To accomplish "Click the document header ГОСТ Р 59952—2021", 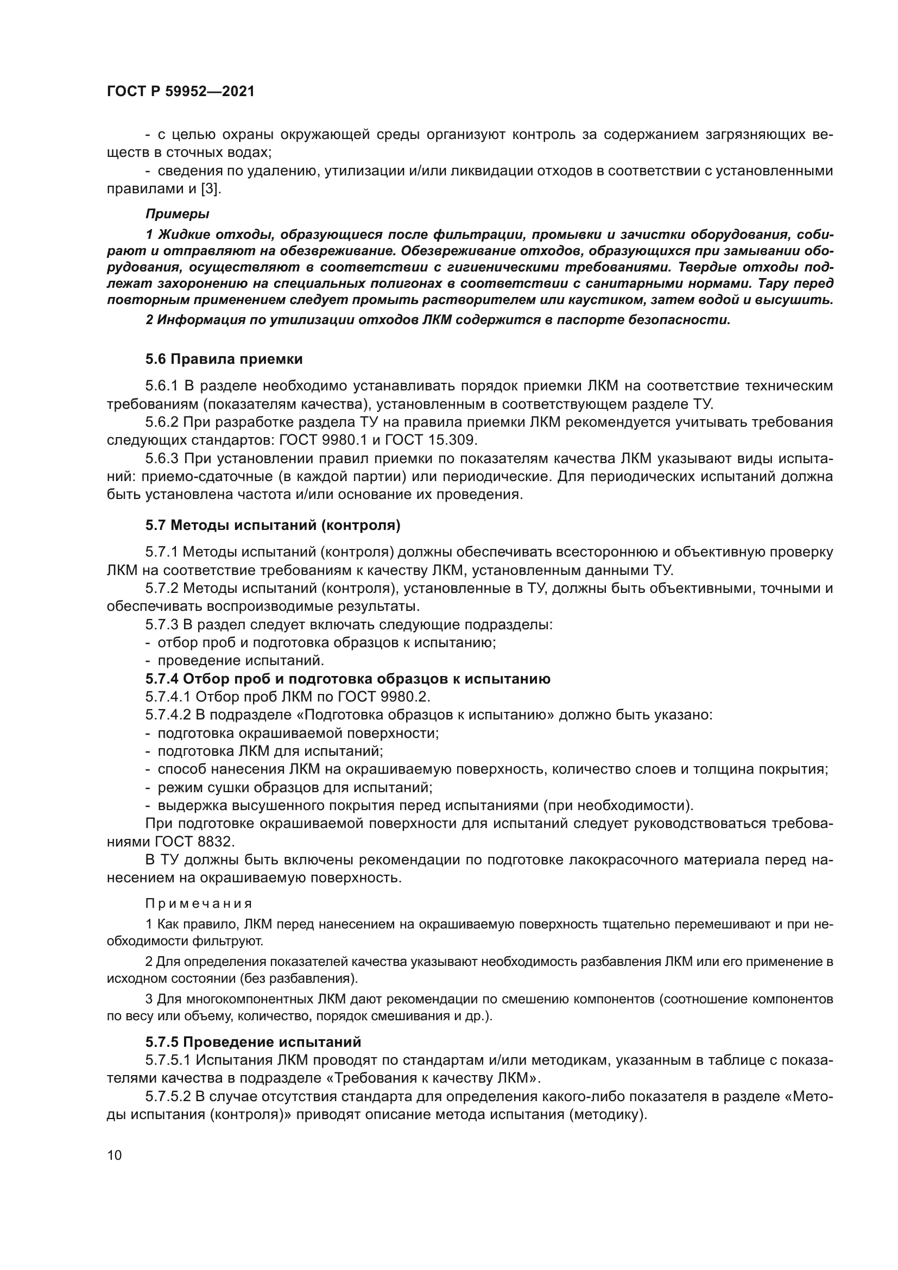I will coord(180,92).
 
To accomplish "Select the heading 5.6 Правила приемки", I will coord(224,359).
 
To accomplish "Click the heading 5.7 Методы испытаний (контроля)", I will coord(273,525).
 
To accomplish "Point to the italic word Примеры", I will coord(177,213).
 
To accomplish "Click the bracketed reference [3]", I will coord(210,188).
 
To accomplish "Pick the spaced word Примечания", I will coord(199,903).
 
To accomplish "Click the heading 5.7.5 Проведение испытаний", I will coord(252,1042).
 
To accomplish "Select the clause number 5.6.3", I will coord(162,459).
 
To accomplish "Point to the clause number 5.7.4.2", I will coord(168,715).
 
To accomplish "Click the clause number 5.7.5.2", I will coord(168,1096).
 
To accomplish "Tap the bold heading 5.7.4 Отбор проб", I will coord(348,679).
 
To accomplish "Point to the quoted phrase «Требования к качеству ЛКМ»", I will coord(426,1078).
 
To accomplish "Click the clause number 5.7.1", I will coord(162,552).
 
